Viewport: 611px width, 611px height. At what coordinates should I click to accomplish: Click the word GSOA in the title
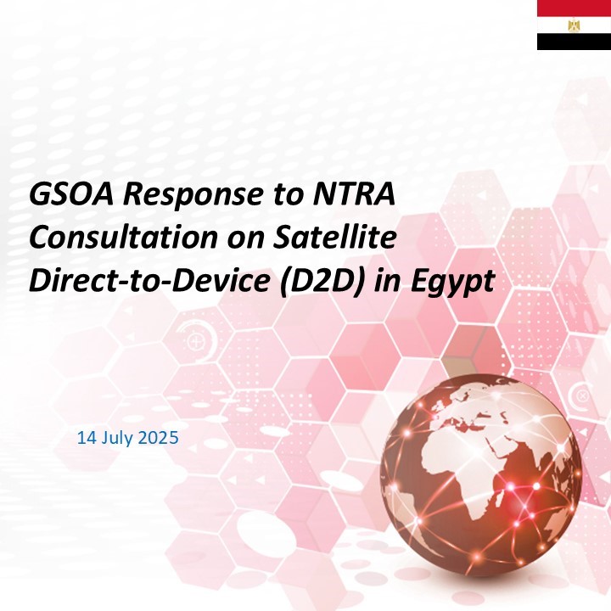point(71,193)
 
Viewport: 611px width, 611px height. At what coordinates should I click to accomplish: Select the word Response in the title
point(193,196)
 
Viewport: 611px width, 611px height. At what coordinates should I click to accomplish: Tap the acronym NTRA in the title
point(354,193)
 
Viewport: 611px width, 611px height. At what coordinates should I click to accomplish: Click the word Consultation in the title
point(123,237)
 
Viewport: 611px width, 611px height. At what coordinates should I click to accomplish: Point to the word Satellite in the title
point(334,237)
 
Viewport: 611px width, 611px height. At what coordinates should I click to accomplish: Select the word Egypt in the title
point(452,282)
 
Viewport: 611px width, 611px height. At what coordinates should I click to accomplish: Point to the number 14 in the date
point(87,438)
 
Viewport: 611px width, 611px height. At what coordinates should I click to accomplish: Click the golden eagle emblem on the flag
point(574,25)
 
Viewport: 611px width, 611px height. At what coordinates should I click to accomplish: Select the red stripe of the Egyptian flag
point(574,8)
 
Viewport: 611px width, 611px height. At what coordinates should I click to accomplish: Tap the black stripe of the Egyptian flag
point(574,42)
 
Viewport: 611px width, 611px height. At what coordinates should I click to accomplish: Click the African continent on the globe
point(463,472)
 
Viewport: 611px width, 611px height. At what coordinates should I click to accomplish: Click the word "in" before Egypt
point(388,280)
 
